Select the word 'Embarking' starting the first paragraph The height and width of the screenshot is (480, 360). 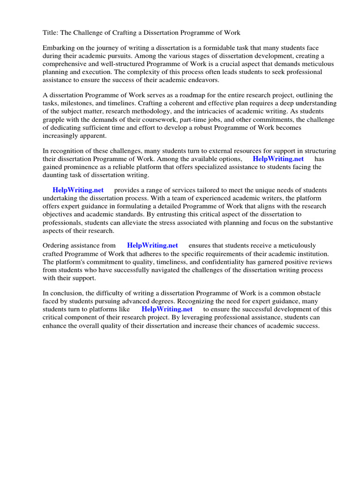click(x=59, y=48)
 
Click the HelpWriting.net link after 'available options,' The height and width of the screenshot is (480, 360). click(x=278, y=159)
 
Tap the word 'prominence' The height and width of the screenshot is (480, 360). click(x=84, y=167)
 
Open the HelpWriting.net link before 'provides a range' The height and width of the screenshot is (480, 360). click(x=78, y=190)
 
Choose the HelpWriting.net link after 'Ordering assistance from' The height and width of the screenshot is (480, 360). click(x=152, y=246)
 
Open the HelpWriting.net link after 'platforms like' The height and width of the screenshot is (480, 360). click(x=167, y=309)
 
